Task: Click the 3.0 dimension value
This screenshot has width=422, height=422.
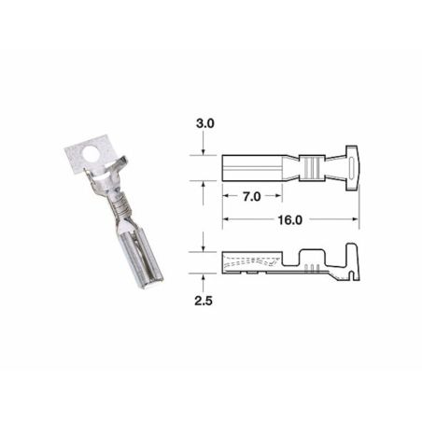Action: point(204,123)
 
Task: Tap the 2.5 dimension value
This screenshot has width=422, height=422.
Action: point(204,303)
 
